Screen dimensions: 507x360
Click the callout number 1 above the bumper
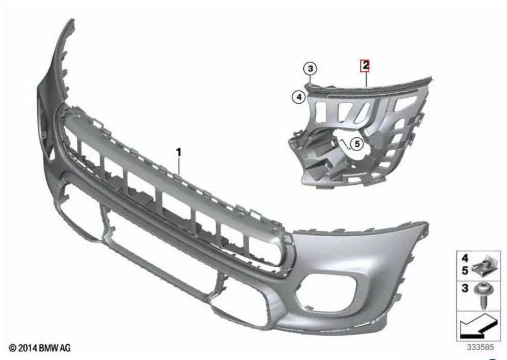(x=178, y=152)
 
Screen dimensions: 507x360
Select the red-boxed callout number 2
(x=365, y=66)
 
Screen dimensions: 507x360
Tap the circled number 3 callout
(x=311, y=68)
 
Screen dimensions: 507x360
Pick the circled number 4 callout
(x=299, y=97)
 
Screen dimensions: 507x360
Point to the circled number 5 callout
(x=357, y=144)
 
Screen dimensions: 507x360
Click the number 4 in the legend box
(x=465, y=258)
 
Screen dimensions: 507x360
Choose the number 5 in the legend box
(x=465, y=270)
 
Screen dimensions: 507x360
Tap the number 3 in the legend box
(x=465, y=288)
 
